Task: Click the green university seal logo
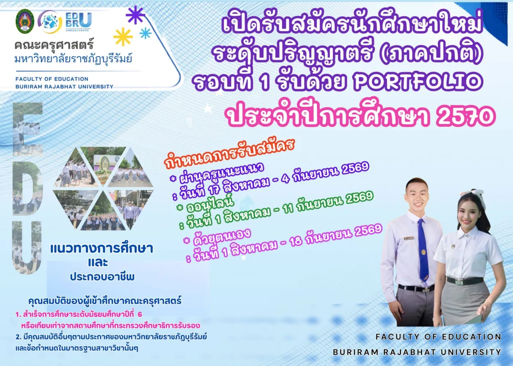pos(25,21)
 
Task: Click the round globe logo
pos(50,22)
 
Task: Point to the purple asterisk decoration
pos(135,15)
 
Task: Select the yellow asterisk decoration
pos(123,37)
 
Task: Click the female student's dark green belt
pos(465,280)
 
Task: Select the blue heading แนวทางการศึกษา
pos(101,249)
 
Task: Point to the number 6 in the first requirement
pos(140,314)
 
